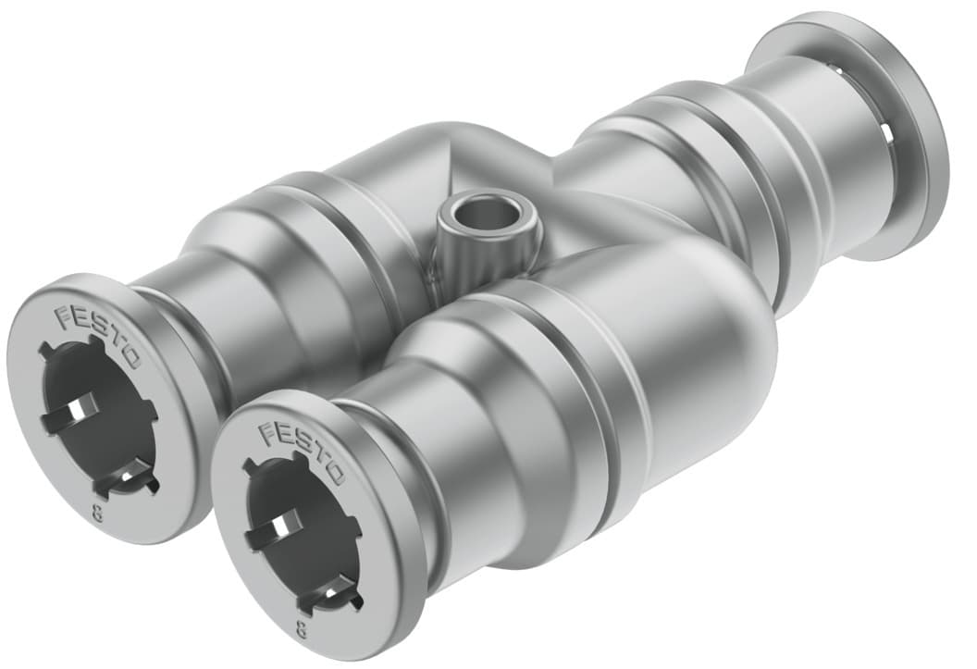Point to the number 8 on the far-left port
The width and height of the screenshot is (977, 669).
(96, 514)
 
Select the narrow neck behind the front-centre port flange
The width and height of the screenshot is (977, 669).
(389, 444)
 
